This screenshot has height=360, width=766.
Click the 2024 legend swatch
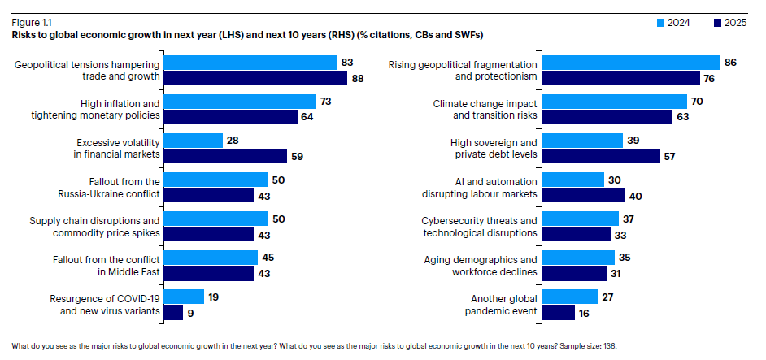pos(660,22)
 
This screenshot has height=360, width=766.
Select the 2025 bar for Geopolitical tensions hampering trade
pos(255,78)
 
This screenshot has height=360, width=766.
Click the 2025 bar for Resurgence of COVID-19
pos(173,312)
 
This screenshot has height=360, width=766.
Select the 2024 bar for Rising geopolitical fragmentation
pos(631,63)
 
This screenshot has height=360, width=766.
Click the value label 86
pos(730,63)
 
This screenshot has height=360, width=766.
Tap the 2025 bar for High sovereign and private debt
pos(600,156)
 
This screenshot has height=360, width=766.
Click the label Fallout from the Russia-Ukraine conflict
pos(113,187)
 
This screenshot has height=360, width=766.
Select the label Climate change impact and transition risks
pos(485,109)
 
